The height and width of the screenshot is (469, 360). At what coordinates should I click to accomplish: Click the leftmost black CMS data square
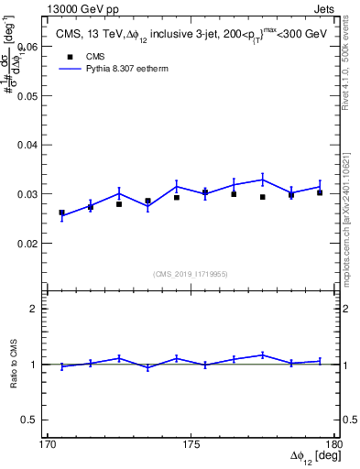tap(61, 213)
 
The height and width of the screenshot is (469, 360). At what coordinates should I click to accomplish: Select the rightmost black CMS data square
tap(319, 192)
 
